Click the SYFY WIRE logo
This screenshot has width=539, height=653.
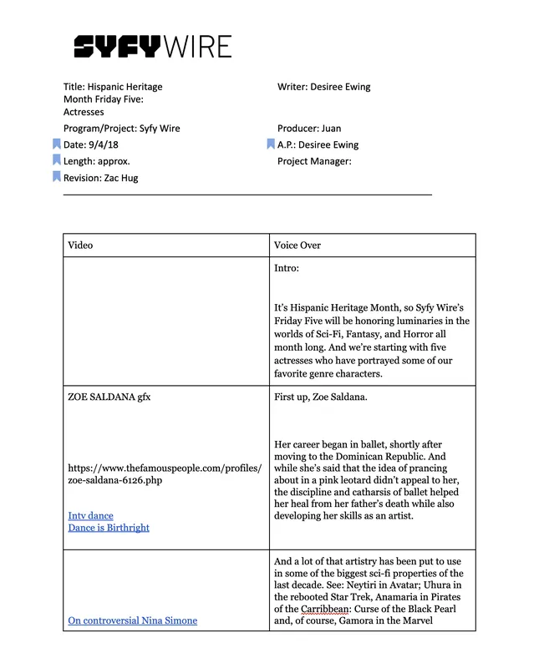pyautogui.click(x=152, y=46)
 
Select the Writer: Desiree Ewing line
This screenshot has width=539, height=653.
pyautogui.click(x=323, y=87)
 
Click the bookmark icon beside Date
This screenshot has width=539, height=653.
pyautogui.click(x=56, y=144)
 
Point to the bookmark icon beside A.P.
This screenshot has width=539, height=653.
pyautogui.click(x=271, y=144)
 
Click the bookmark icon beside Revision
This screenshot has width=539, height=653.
pyautogui.click(x=56, y=177)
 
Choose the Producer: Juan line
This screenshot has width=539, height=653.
pyautogui.click(x=309, y=129)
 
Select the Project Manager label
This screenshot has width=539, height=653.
pyautogui.click(x=314, y=161)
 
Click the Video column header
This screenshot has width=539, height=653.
pyautogui.click(x=80, y=246)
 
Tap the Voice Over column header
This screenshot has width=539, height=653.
pyautogui.click(x=297, y=246)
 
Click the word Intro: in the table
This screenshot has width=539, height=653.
pyautogui.click(x=287, y=269)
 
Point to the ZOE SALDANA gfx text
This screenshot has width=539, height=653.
pyautogui.click(x=109, y=397)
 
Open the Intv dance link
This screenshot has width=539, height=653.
pyautogui.click(x=90, y=516)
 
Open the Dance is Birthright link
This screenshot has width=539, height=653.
pyautogui.click(x=109, y=528)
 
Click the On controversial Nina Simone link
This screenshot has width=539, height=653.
pyautogui.click(x=132, y=620)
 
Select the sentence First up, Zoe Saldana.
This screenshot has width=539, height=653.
pyautogui.click(x=320, y=397)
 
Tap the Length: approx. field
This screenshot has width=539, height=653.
pyautogui.click(x=97, y=161)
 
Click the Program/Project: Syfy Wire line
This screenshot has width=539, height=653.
pyautogui.click(x=121, y=129)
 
